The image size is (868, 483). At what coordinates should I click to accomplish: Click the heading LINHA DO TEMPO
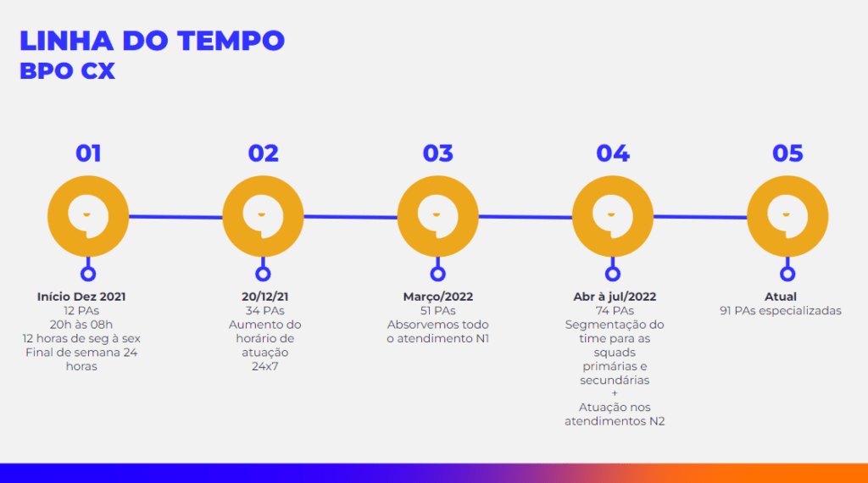click(153, 41)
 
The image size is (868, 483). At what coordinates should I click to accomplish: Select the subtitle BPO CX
click(68, 71)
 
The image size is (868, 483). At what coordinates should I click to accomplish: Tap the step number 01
click(88, 153)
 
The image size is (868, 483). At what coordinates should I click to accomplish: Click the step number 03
click(438, 153)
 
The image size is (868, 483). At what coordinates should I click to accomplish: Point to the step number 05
click(787, 153)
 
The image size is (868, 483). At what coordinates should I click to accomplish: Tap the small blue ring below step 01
click(88, 268)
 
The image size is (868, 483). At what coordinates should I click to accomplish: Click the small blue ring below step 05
click(787, 268)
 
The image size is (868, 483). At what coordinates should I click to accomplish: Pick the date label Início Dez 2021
click(81, 297)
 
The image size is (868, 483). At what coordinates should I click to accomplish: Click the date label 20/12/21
click(265, 297)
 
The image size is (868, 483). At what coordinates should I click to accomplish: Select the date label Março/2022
click(438, 297)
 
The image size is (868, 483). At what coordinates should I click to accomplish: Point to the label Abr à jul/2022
click(615, 297)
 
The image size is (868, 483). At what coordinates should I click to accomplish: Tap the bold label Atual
click(781, 297)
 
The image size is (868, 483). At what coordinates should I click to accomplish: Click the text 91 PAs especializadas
click(781, 311)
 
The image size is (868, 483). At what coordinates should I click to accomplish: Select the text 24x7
click(265, 366)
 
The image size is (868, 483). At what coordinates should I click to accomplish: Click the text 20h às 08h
click(81, 325)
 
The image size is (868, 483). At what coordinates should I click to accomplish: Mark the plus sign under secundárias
click(615, 393)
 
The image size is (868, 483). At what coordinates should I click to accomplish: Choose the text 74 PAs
click(615, 311)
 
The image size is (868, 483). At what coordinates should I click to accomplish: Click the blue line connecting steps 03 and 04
click(526, 217)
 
